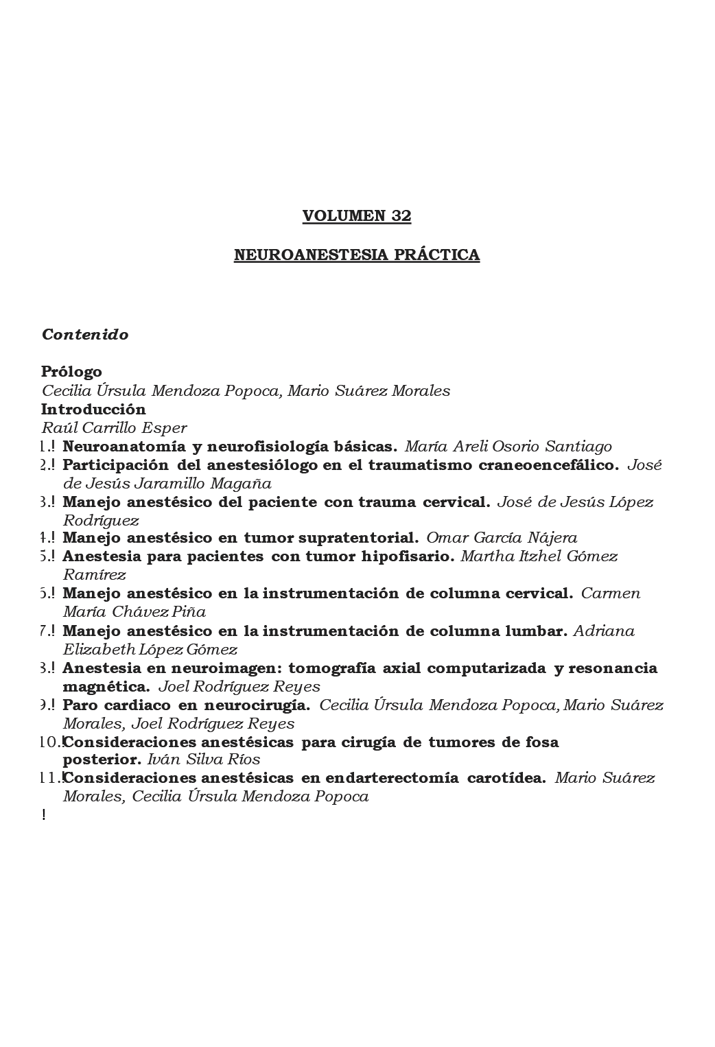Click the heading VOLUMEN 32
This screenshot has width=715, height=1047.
(357, 216)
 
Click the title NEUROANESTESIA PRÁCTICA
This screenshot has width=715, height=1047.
(357, 255)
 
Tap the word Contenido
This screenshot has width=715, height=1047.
(85, 335)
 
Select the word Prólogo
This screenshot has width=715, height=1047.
(71, 372)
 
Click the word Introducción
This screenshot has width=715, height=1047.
(93, 410)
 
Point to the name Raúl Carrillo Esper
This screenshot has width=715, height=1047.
(115, 428)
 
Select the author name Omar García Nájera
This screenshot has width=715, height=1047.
(502, 539)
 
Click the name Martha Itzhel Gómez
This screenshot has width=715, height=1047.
(539, 556)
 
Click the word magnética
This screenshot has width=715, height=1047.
(106, 686)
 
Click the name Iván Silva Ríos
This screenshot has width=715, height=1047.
(204, 760)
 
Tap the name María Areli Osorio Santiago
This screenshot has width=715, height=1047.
(508, 447)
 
